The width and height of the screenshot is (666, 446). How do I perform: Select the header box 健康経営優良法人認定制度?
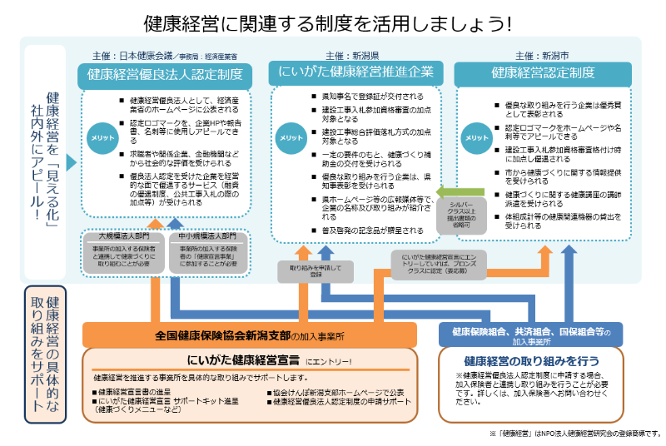[165, 75]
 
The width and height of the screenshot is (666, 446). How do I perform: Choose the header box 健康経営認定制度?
[543, 73]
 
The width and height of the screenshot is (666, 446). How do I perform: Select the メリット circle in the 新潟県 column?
[291, 138]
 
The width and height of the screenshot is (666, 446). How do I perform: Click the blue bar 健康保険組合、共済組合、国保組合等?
[530, 334]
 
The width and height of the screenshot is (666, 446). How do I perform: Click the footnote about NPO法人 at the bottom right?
[574, 433]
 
